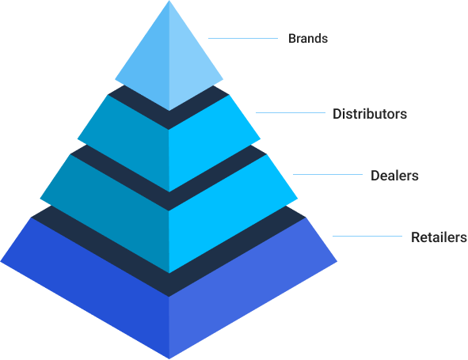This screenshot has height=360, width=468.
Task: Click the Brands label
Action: point(308,39)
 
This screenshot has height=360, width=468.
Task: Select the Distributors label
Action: point(370,114)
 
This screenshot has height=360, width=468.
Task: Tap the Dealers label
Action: point(394,176)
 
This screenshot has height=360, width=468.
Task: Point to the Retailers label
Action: point(439,237)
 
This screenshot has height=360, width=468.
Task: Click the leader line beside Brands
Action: point(243,38)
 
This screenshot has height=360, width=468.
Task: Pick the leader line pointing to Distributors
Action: point(291,112)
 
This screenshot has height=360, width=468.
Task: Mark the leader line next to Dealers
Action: point(328,175)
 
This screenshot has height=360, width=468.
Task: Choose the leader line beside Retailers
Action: point(367,237)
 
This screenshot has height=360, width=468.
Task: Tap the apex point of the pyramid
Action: point(169,1)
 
